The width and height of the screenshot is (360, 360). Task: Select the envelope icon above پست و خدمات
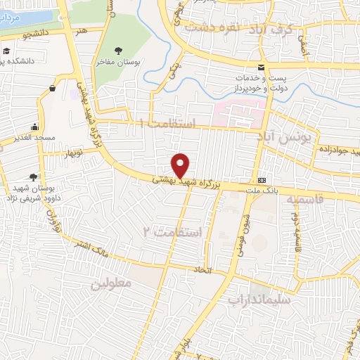tap(262, 67)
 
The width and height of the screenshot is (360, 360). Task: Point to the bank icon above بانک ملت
tap(262, 179)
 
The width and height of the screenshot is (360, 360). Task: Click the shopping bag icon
tap(53, 88)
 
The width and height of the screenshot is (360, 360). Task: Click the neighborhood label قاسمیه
tap(305, 199)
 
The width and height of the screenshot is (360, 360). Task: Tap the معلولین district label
tap(110, 284)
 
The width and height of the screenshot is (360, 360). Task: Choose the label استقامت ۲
tap(172, 231)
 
